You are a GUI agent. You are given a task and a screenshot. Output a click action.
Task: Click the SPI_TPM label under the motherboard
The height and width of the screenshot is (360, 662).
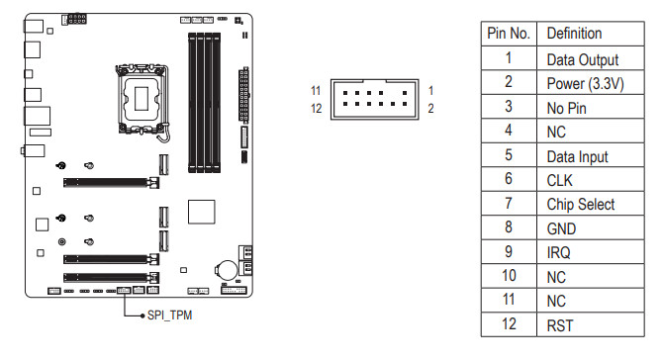coord(169,315)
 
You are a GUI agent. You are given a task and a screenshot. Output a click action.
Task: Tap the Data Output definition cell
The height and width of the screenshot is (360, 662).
coord(590,58)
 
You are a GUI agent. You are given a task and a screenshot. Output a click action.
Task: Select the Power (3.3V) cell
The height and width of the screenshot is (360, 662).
coord(590,82)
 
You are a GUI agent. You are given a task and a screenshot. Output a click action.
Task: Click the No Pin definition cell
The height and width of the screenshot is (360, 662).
coord(590,107)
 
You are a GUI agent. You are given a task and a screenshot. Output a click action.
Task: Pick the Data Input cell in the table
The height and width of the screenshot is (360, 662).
coord(590,155)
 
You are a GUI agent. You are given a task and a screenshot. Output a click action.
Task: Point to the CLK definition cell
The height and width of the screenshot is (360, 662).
coord(590,179)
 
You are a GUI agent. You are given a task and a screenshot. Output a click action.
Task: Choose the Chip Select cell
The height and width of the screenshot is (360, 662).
coord(590,204)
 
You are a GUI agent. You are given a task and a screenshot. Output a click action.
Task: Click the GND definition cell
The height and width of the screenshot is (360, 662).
coord(590,227)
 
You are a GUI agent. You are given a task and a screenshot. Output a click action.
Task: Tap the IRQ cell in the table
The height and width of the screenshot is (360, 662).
coord(590,252)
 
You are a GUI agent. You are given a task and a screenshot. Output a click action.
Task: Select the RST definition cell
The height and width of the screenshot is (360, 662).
coord(590,324)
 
